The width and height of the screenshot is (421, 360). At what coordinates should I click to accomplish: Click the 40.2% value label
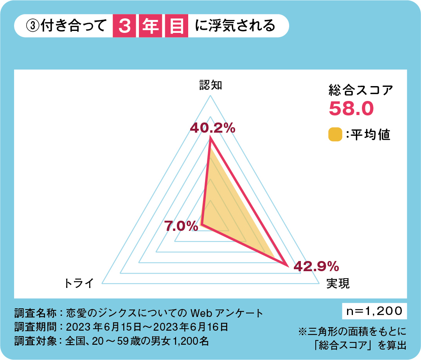point(212,128)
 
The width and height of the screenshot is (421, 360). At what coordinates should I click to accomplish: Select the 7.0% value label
point(181,226)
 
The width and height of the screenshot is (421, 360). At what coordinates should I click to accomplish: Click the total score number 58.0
point(351,108)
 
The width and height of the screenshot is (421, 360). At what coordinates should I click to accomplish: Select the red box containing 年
point(150,27)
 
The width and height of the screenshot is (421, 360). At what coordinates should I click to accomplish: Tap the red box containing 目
point(176,27)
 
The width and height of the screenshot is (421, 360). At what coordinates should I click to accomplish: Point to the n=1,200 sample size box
point(374,311)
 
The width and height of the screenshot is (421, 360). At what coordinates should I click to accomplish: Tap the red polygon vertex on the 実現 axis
point(289,266)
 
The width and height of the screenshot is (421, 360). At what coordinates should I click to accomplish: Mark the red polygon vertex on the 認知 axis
point(210,139)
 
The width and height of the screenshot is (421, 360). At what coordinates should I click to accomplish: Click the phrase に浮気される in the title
point(234,26)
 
